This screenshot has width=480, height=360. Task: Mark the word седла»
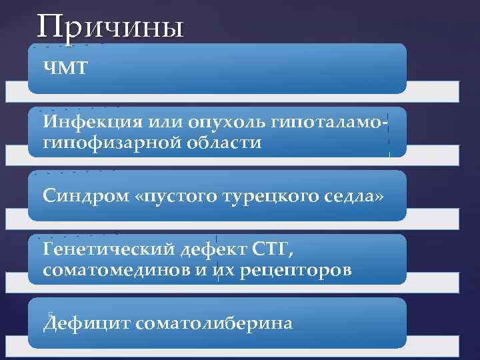click(352, 196)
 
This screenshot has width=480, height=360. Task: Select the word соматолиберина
click(213, 323)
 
